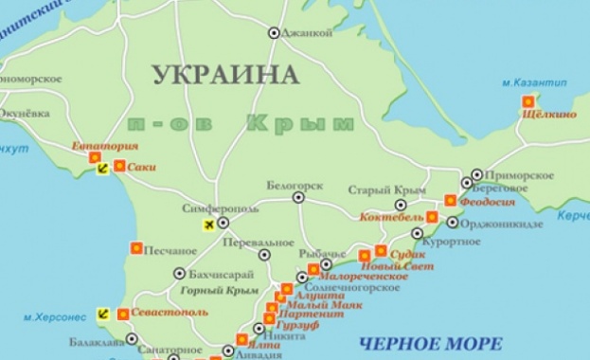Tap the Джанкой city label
point(307,33)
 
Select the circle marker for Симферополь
point(223,224)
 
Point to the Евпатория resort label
point(106,147)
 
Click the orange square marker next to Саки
point(119,166)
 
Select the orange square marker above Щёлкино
point(528,100)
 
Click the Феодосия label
point(487,201)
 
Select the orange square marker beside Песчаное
point(135,249)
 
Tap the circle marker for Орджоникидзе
point(453,224)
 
